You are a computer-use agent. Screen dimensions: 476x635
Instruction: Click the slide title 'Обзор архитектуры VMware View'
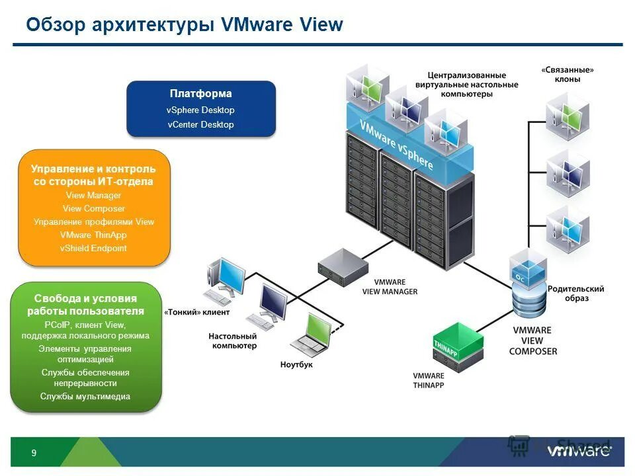click(185, 25)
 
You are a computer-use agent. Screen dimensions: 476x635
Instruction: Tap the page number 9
click(34, 453)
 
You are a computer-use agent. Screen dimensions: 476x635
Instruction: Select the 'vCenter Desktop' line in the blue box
click(200, 124)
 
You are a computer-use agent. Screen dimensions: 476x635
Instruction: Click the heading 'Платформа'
click(200, 94)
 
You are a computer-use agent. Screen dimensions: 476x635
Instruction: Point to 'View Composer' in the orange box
click(94, 209)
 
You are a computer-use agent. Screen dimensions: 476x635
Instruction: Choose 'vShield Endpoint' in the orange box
click(93, 249)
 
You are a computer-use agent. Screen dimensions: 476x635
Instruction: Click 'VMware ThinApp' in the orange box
click(93, 235)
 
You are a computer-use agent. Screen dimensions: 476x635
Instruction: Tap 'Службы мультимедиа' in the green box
click(85, 397)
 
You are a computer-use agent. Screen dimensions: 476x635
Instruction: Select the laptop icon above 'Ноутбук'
click(310, 334)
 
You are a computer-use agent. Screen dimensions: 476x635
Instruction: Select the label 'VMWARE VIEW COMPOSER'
click(532, 340)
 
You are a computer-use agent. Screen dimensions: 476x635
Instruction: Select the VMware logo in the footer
click(579, 452)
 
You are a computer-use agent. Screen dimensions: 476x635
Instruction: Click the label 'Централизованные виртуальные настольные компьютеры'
click(467, 85)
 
